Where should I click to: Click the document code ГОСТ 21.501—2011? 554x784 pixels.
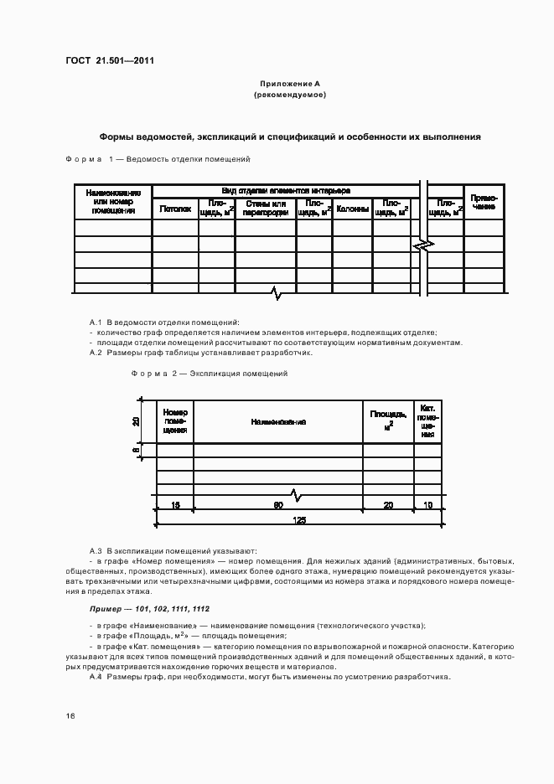(109, 60)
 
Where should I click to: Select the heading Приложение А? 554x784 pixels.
(289, 85)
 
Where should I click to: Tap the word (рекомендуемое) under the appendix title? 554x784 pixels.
(289, 95)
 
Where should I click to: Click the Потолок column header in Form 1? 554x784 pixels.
(175, 209)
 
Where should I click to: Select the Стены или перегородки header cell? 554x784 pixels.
(266, 209)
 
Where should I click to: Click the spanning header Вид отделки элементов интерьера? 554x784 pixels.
(286, 191)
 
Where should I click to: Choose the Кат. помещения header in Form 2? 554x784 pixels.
(428, 420)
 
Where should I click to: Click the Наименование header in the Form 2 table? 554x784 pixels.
(277, 421)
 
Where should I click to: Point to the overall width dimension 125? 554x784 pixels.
(299, 519)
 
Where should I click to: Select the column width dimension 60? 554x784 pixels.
(277, 505)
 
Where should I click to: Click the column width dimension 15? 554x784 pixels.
(175, 505)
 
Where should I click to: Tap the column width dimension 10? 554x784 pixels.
(428, 505)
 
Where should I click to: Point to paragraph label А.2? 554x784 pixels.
(95, 353)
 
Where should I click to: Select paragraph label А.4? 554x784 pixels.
(95, 676)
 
